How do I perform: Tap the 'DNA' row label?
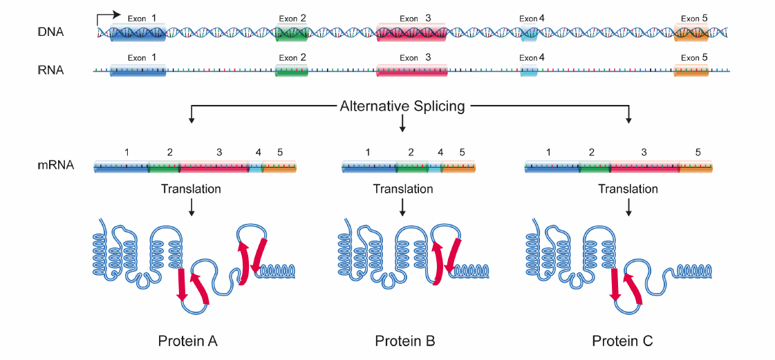pyautogui.click(x=51, y=32)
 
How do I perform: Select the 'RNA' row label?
pyautogui.click(x=51, y=70)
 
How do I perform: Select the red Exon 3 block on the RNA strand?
pyautogui.click(x=412, y=70)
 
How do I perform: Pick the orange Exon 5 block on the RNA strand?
pyautogui.click(x=691, y=70)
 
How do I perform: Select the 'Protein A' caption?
pyautogui.click(x=188, y=341)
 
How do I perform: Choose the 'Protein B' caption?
pyautogui.click(x=405, y=341)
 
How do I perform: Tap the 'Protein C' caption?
pyautogui.click(x=622, y=341)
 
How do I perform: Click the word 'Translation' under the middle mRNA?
pyautogui.click(x=403, y=189)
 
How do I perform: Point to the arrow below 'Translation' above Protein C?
pyautogui.click(x=628, y=207)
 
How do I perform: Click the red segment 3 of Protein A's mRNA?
pyautogui.click(x=214, y=167)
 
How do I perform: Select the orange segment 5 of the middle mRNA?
pyautogui.click(x=458, y=167)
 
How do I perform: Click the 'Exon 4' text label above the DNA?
pyautogui.click(x=532, y=19)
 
